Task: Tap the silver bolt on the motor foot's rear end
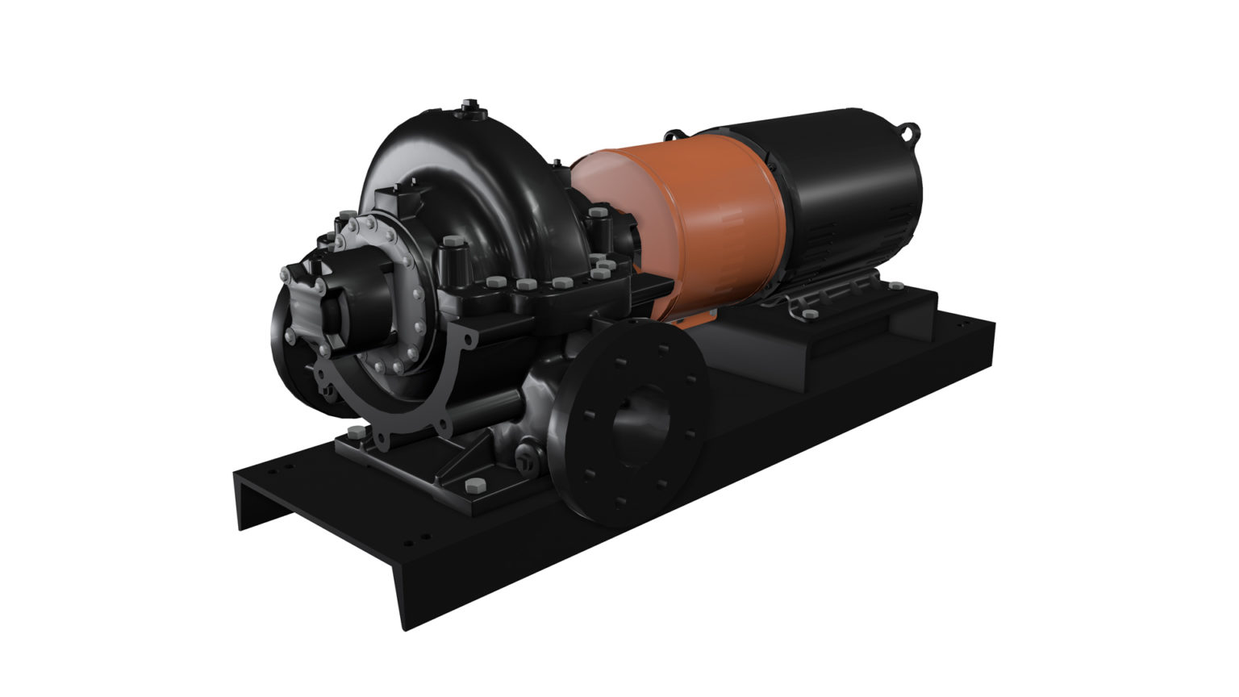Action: click(895, 284)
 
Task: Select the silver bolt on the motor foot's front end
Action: click(811, 313)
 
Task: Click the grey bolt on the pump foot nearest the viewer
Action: click(473, 486)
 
